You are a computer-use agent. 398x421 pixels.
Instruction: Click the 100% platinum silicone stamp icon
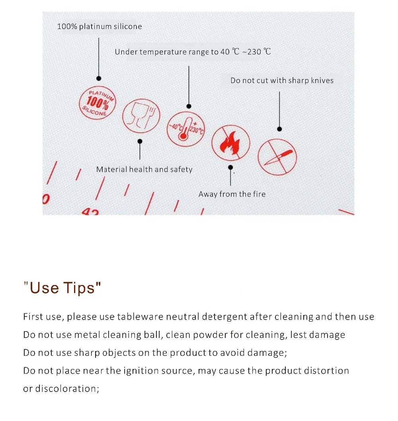(97, 103)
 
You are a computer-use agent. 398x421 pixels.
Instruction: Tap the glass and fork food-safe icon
(141, 116)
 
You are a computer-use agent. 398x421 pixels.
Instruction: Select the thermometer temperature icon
(186, 129)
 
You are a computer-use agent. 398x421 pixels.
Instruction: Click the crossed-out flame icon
(230, 143)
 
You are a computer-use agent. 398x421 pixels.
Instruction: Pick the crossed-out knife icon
(277, 157)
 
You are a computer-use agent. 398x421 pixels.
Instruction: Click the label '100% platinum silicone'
(99, 27)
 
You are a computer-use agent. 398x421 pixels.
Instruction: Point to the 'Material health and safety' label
(144, 169)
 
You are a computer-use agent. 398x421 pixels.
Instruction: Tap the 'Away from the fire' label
(232, 194)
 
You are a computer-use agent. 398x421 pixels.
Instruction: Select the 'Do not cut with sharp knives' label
(282, 81)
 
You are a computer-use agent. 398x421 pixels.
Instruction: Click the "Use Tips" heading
(62, 288)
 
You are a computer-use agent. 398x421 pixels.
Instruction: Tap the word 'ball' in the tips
(153, 335)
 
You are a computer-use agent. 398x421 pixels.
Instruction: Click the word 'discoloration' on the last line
(67, 389)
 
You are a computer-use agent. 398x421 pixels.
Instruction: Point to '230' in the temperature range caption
(254, 52)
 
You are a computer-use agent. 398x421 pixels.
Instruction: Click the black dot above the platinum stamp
(99, 78)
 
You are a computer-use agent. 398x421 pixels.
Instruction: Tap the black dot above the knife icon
(279, 129)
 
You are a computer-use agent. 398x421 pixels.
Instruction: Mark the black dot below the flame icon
(230, 167)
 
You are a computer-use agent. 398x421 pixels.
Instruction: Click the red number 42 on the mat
(91, 211)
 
